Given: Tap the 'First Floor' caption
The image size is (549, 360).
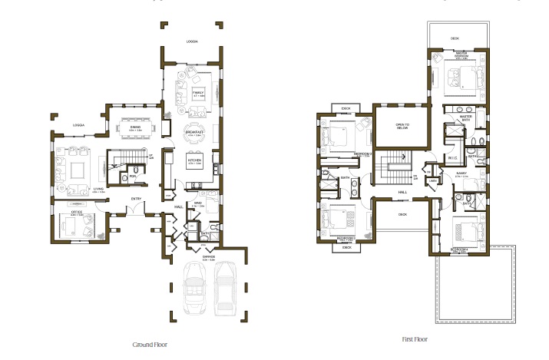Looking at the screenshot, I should pyautogui.click(x=414, y=339).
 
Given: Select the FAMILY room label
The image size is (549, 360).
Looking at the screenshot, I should pyautogui.click(x=199, y=92).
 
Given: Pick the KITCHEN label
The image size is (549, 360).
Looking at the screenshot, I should pyautogui.click(x=194, y=161).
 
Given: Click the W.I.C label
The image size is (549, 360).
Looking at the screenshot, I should pyautogui.click(x=454, y=138).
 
